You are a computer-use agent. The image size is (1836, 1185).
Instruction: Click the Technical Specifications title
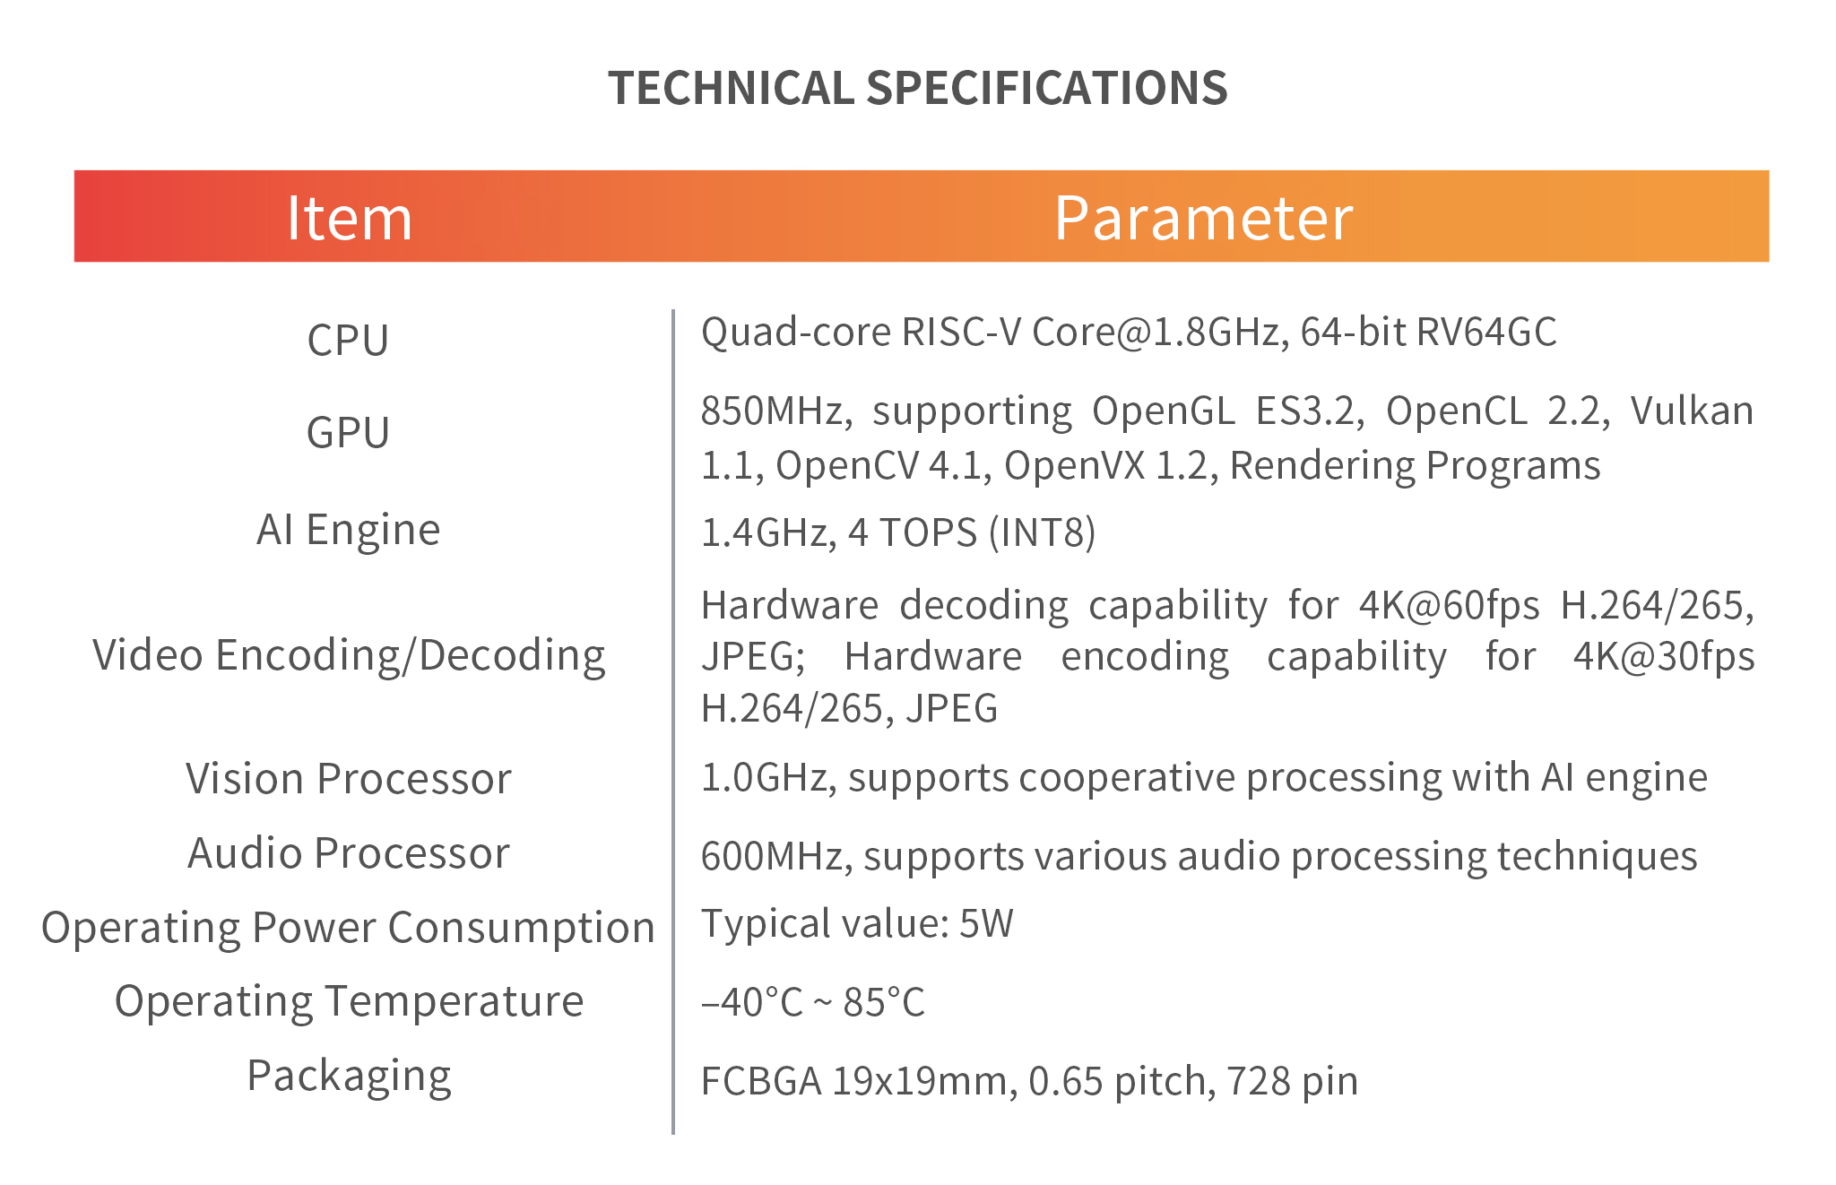[918, 88]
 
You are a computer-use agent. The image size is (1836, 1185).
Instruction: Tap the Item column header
[349, 218]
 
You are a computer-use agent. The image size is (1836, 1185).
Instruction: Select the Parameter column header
[1203, 218]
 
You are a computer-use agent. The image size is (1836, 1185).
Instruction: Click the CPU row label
[348, 340]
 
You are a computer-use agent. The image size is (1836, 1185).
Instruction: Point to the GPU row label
[348, 432]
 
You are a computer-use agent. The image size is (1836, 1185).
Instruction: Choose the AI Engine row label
[348, 530]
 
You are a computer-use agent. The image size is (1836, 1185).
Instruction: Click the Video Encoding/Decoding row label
[349, 655]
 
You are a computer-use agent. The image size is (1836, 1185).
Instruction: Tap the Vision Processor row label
[348, 778]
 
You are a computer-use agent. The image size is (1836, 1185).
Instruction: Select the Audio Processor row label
[348, 852]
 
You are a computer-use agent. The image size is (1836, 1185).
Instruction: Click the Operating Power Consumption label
[348, 928]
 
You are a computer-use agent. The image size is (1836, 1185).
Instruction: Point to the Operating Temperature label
[349, 1001]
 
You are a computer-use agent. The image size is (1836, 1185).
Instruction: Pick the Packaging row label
[349, 1076]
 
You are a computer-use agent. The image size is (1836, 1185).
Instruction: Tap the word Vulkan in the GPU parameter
[1692, 411]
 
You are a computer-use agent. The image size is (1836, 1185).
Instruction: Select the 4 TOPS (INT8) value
[972, 532]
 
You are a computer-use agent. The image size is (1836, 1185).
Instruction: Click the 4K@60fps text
[1450, 606]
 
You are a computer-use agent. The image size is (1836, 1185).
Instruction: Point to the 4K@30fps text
[1664, 657]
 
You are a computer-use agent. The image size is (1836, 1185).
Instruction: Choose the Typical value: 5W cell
[857, 923]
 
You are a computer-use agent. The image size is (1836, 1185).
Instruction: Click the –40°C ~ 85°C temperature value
[812, 1002]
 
